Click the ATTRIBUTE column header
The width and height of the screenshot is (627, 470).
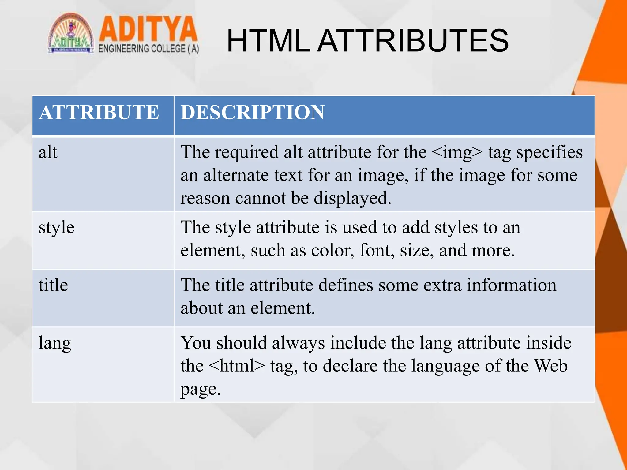99,113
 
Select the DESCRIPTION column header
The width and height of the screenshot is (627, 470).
252,113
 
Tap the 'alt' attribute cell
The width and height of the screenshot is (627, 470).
48,152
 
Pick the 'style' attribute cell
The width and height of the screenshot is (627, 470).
56,228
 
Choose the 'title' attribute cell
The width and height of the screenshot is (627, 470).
53,285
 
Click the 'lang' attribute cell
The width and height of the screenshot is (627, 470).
55,343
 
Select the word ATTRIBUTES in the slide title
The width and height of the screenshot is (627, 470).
413,41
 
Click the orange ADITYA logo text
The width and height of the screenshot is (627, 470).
148,29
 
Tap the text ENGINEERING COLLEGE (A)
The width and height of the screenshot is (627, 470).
149,49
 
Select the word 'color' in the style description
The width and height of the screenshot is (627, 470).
332,251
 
